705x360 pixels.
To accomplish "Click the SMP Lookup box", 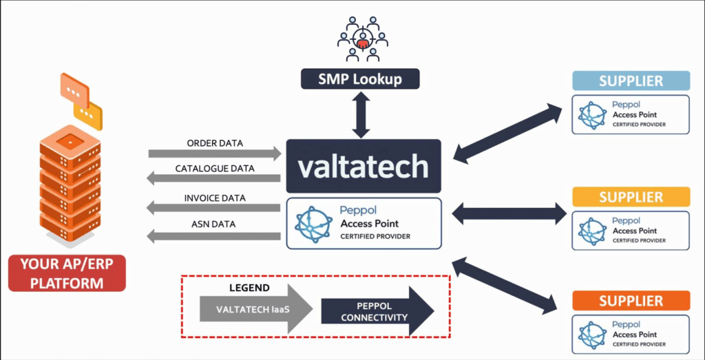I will [360, 79].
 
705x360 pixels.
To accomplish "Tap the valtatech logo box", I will [363, 166].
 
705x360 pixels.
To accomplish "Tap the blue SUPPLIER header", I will [631, 81].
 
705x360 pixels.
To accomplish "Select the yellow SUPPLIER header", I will [631, 198].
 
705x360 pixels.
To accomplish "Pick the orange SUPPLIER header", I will [631, 301].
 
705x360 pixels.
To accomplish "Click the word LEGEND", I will [249, 288].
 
